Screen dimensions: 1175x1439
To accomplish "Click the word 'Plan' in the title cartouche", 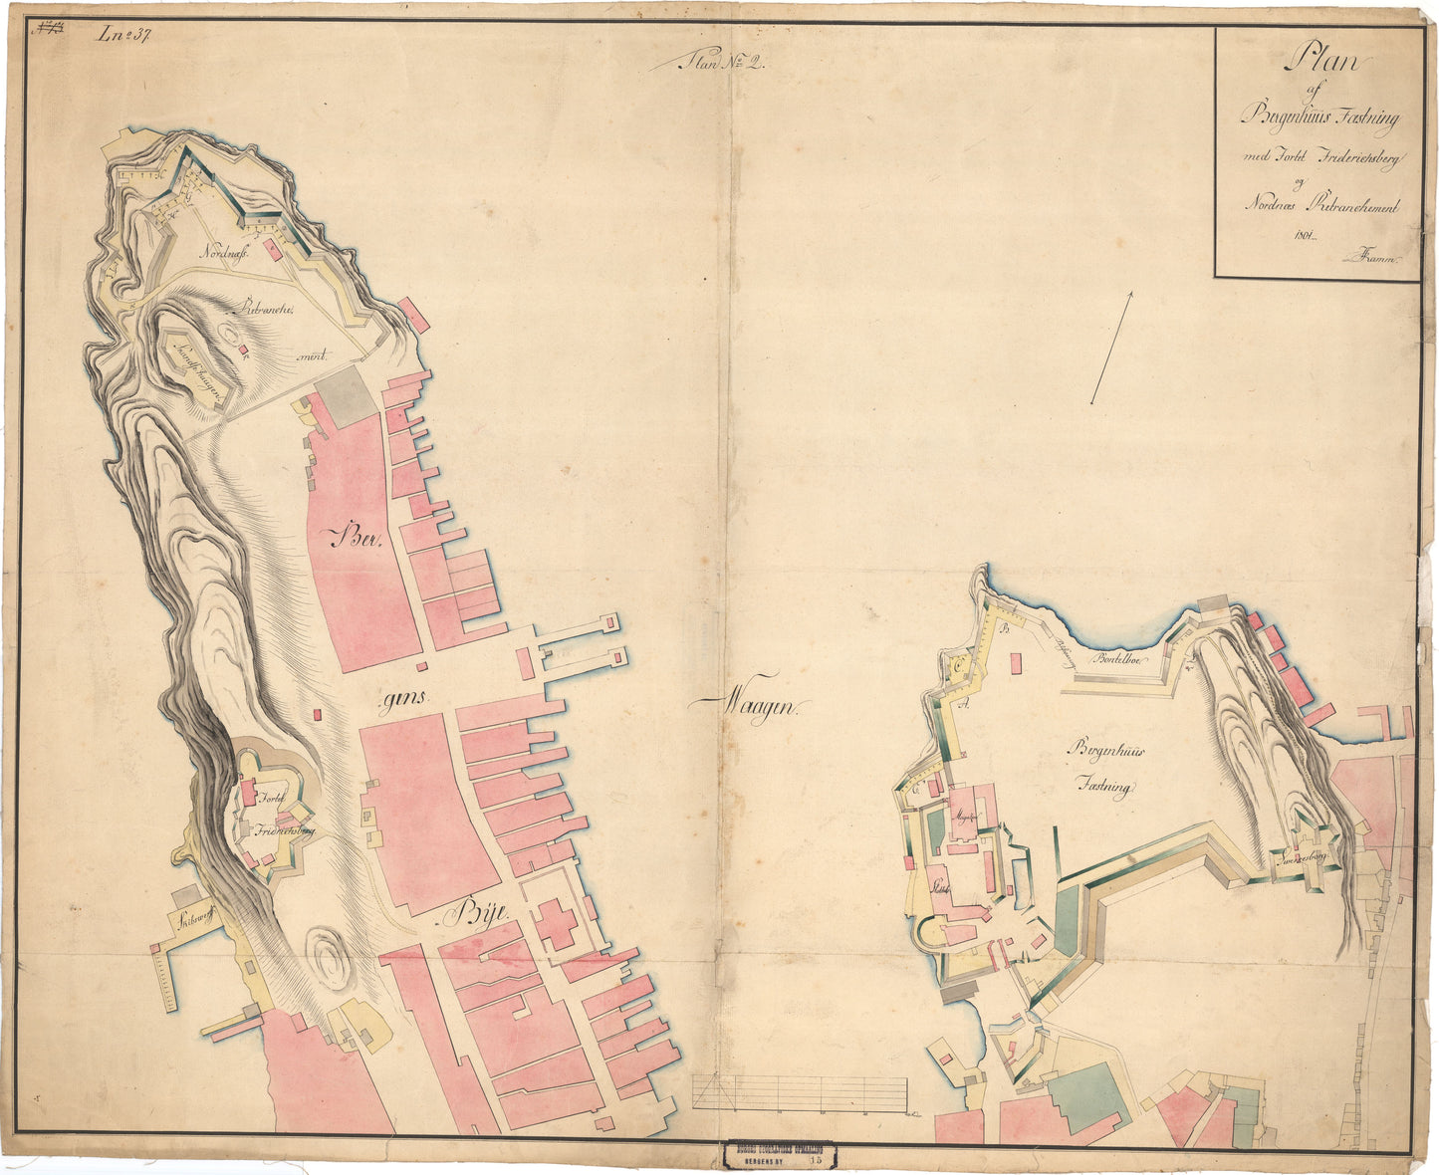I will click(x=1320, y=62).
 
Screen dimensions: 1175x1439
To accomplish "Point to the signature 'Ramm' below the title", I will click(x=1371, y=258).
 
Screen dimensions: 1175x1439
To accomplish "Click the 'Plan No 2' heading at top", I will click(x=718, y=64).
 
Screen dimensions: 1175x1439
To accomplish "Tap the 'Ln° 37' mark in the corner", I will click(x=122, y=36).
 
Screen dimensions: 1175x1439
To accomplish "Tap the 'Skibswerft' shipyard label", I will click(x=195, y=919).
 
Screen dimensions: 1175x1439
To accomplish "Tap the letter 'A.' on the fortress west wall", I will click(x=963, y=701).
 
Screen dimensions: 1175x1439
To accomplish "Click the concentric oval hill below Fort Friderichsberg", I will click(x=326, y=957).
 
